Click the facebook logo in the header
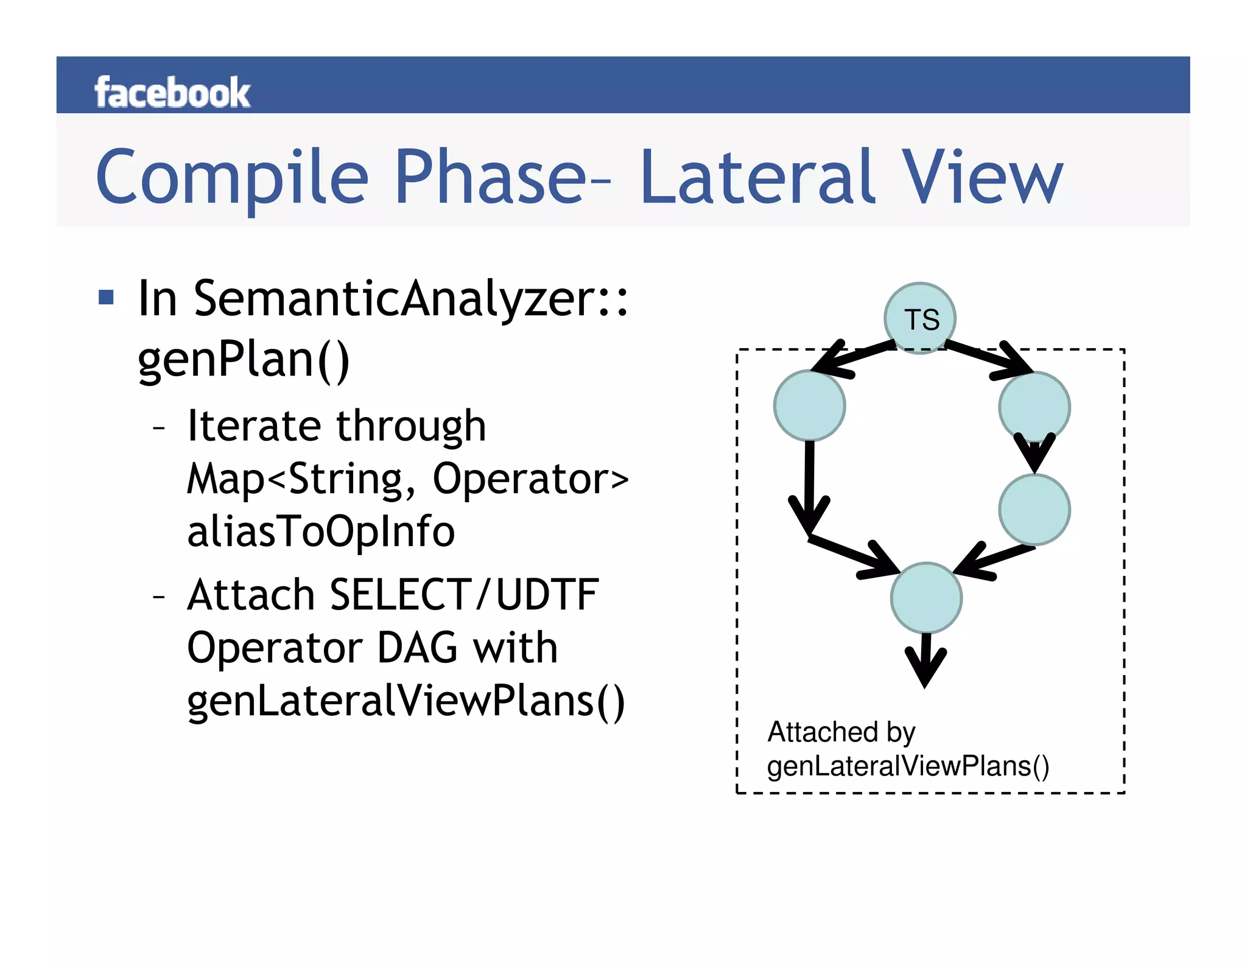click(172, 93)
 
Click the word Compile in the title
click(232, 177)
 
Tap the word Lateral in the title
click(757, 177)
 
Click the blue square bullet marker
click(107, 298)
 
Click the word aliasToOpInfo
click(321, 531)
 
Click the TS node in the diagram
click(920, 318)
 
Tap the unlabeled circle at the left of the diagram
click(809, 405)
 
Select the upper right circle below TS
click(1034, 407)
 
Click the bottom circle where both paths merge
click(926, 598)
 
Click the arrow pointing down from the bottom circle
click(926, 660)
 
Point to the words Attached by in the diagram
click(841, 732)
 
